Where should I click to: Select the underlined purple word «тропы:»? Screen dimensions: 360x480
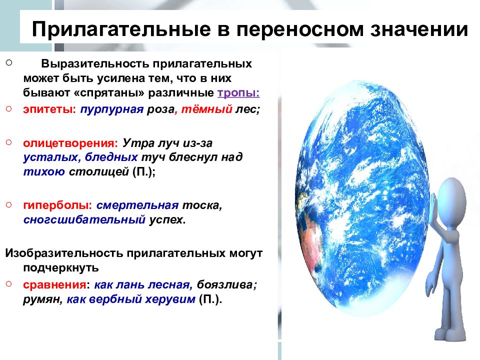[238, 93]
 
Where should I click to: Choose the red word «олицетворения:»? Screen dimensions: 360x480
[68, 143]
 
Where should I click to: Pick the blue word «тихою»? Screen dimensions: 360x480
[43, 172]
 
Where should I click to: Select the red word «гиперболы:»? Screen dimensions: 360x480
[57, 205]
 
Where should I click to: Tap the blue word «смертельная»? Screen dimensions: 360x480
[137, 205]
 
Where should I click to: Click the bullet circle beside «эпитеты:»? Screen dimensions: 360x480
[8, 107]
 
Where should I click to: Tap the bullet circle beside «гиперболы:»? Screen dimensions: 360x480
[8, 204]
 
